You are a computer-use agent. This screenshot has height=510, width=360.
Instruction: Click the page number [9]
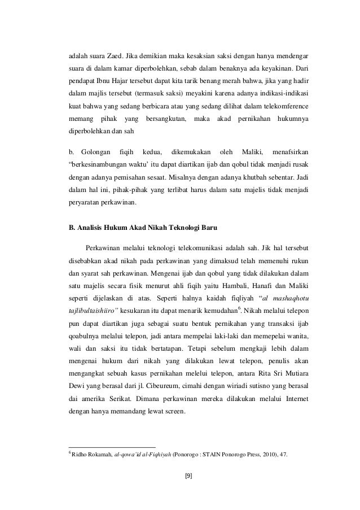pyautogui.click(x=188, y=475)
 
